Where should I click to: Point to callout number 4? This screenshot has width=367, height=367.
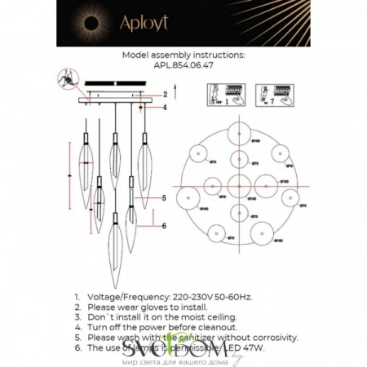(165, 107)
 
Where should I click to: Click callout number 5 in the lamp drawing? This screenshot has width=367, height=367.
(164, 197)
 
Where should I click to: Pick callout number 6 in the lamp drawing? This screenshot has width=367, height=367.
(164, 226)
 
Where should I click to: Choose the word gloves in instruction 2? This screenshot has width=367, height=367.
(149, 308)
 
